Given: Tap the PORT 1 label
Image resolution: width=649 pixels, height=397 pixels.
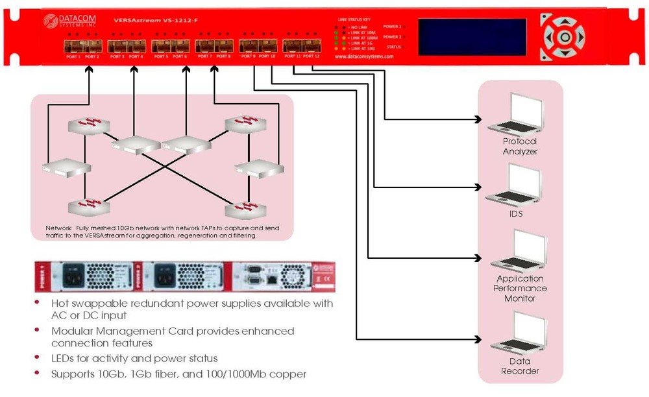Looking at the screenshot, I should [73, 57].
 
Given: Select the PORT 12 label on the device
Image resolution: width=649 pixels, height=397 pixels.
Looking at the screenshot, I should [312, 56].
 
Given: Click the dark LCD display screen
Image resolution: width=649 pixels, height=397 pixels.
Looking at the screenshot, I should [472, 36].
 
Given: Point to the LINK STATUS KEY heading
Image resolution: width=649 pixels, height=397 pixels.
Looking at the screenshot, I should [352, 21].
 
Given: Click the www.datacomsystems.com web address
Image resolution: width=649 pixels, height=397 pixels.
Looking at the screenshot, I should [364, 56].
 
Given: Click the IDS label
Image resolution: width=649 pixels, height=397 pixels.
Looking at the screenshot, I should [516, 213].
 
